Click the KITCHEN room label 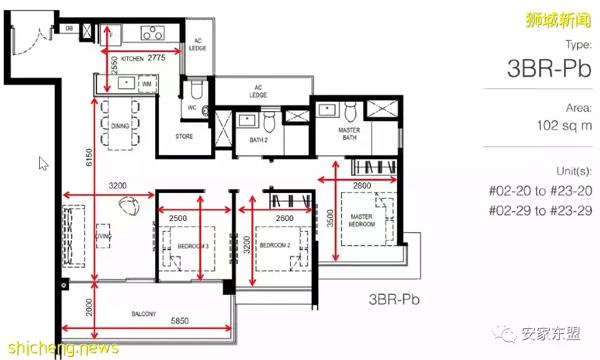point(132,58)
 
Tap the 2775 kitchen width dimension point(157,58)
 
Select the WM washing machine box point(147,84)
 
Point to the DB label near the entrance point(70,29)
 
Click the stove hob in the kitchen point(153,34)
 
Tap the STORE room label point(184,136)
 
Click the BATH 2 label point(258,140)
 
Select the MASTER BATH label point(349,133)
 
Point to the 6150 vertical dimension point(89,157)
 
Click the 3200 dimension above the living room point(117,186)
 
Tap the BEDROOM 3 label point(193,246)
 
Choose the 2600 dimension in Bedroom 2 point(284,218)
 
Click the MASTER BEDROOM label point(361,220)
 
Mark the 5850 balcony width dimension point(180,321)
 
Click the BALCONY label point(144,313)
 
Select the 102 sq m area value point(564,125)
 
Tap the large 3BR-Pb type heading point(549,68)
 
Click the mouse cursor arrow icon point(43,163)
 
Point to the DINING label point(120,126)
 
